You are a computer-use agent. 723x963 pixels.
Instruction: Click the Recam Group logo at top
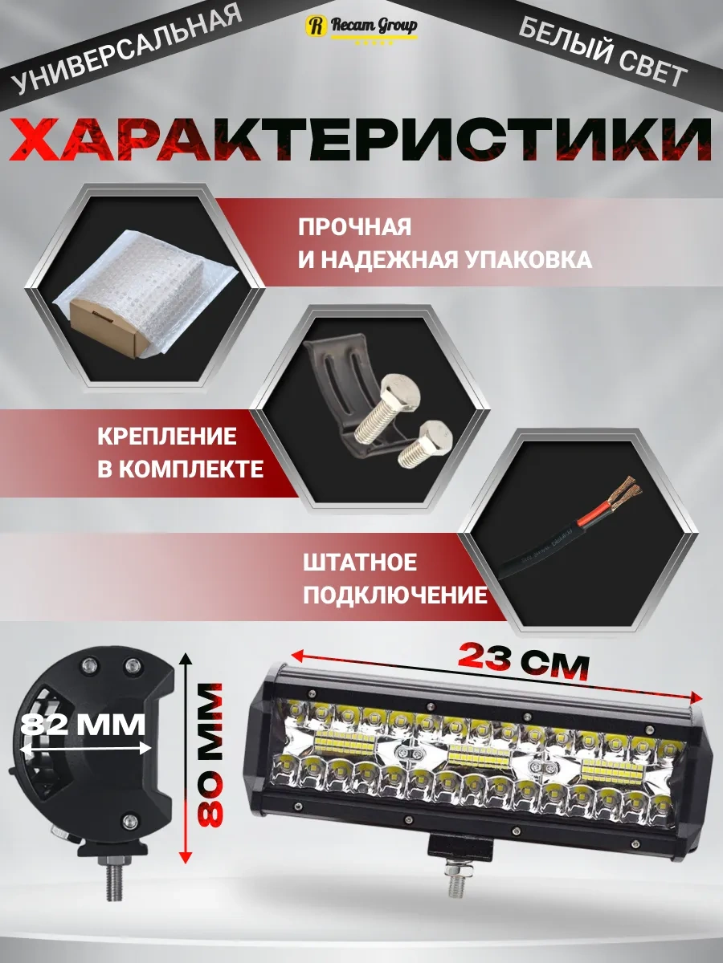pos(361,26)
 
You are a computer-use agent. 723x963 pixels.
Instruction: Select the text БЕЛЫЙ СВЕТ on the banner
pos(602,52)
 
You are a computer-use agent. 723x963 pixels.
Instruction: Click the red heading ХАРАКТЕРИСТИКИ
pos(361,139)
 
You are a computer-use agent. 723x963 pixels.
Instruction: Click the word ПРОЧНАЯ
pos(354,226)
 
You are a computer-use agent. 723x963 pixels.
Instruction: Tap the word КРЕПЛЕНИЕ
pos(167,437)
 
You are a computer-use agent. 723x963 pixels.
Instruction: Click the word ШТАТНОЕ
pos(359,562)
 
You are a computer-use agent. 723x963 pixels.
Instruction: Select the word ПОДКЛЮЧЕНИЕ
pos(394,595)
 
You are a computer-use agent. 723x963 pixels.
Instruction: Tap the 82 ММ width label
pos(84,725)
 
